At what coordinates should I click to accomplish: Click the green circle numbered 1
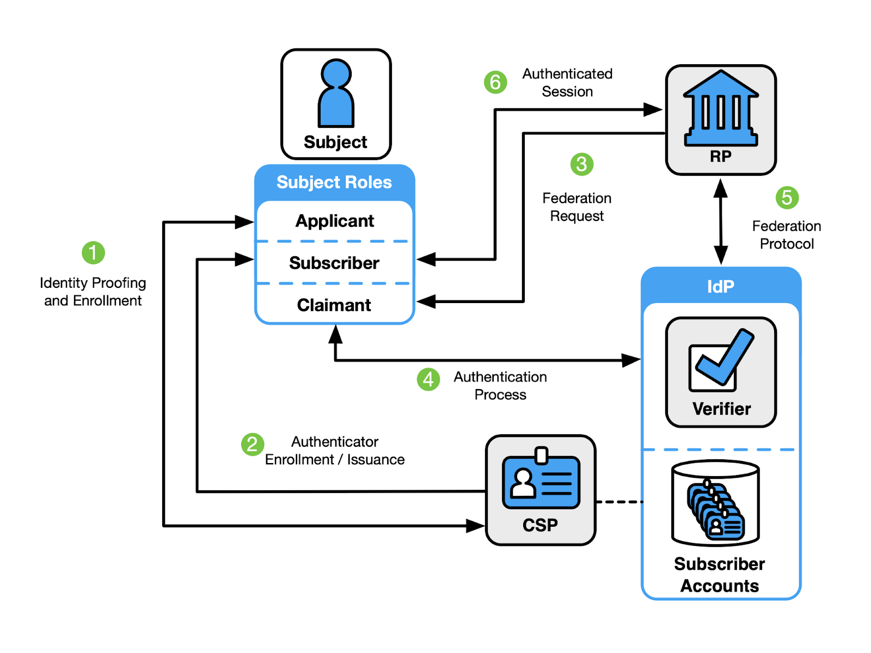click(x=93, y=252)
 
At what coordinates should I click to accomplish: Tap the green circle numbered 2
click(x=253, y=444)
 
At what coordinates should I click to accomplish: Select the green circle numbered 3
click(x=582, y=164)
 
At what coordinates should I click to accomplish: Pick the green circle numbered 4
click(x=428, y=379)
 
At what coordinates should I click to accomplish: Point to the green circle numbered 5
click(x=787, y=198)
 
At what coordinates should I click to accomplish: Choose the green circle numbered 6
click(x=495, y=82)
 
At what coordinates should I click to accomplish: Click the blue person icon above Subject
click(x=336, y=93)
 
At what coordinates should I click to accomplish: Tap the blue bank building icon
click(x=721, y=108)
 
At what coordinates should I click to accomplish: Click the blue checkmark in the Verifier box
click(x=725, y=356)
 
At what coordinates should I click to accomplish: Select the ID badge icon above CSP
click(x=541, y=478)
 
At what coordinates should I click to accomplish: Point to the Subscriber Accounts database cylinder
click(x=716, y=503)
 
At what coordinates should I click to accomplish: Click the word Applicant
click(x=335, y=221)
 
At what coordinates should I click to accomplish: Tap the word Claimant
click(x=334, y=305)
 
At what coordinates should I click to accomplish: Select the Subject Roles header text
click(x=334, y=182)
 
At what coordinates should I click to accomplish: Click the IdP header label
click(x=721, y=286)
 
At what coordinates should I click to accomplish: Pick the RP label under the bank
click(x=721, y=156)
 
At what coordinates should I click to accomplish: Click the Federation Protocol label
click(x=787, y=235)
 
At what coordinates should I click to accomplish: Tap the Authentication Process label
click(x=500, y=385)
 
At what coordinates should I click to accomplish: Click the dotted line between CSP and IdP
click(x=619, y=502)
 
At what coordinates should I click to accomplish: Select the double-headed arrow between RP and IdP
click(x=721, y=221)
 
